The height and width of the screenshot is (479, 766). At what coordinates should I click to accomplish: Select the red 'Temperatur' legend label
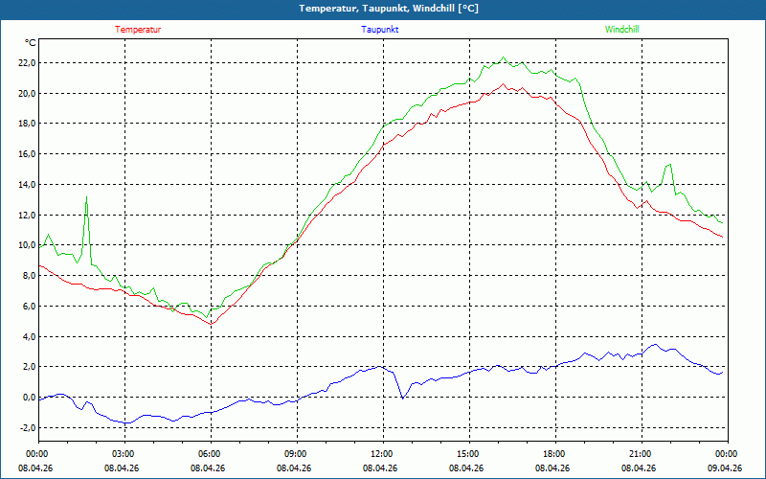pyautogui.click(x=138, y=30)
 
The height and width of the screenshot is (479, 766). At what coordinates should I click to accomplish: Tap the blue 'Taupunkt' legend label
pyautogui.click(x=380, y=30)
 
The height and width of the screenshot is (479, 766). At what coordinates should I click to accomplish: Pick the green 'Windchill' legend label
pyautogui.click(x=621, y=30)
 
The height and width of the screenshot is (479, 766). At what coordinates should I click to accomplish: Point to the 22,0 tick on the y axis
pyautogui.click(x=23, y=63)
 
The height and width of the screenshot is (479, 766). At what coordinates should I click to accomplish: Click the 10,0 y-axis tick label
pyautogui.click(x=23, y=245)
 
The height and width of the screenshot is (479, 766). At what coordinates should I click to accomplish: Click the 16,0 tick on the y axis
pyautogui.click(x=23, y=154)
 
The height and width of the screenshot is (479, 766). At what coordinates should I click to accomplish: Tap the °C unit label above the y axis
pyautogui.click(x=31, y=43)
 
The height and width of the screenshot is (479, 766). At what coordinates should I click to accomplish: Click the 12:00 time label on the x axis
pyautogui.click(x=381, y=453)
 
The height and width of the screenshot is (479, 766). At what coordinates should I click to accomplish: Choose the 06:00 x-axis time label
pyautogui.click(x=209, y=453)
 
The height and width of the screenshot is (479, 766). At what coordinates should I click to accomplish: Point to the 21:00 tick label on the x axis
pyautogui.click(x=640, y=453)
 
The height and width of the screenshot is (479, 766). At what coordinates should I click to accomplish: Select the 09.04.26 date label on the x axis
pyautogui.click(x=726, y=468)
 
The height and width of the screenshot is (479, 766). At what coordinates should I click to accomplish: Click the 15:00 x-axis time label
pyautogui.click(x=467, y=453)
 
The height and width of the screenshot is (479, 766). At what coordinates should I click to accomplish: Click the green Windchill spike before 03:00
pyautogui.click(x=87, y=197)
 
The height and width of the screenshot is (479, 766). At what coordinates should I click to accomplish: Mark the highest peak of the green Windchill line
pyautogui.click(x=503, y=57)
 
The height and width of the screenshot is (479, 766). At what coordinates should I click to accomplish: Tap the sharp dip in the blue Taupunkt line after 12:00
pyautogui.click(x=402, y=396)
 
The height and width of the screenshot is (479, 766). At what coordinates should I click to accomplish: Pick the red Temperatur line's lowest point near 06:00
pyautogui.click(x=212, y=324)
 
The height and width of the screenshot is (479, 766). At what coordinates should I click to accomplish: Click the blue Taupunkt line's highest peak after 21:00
pyautogui.click(x=656, y=345)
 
